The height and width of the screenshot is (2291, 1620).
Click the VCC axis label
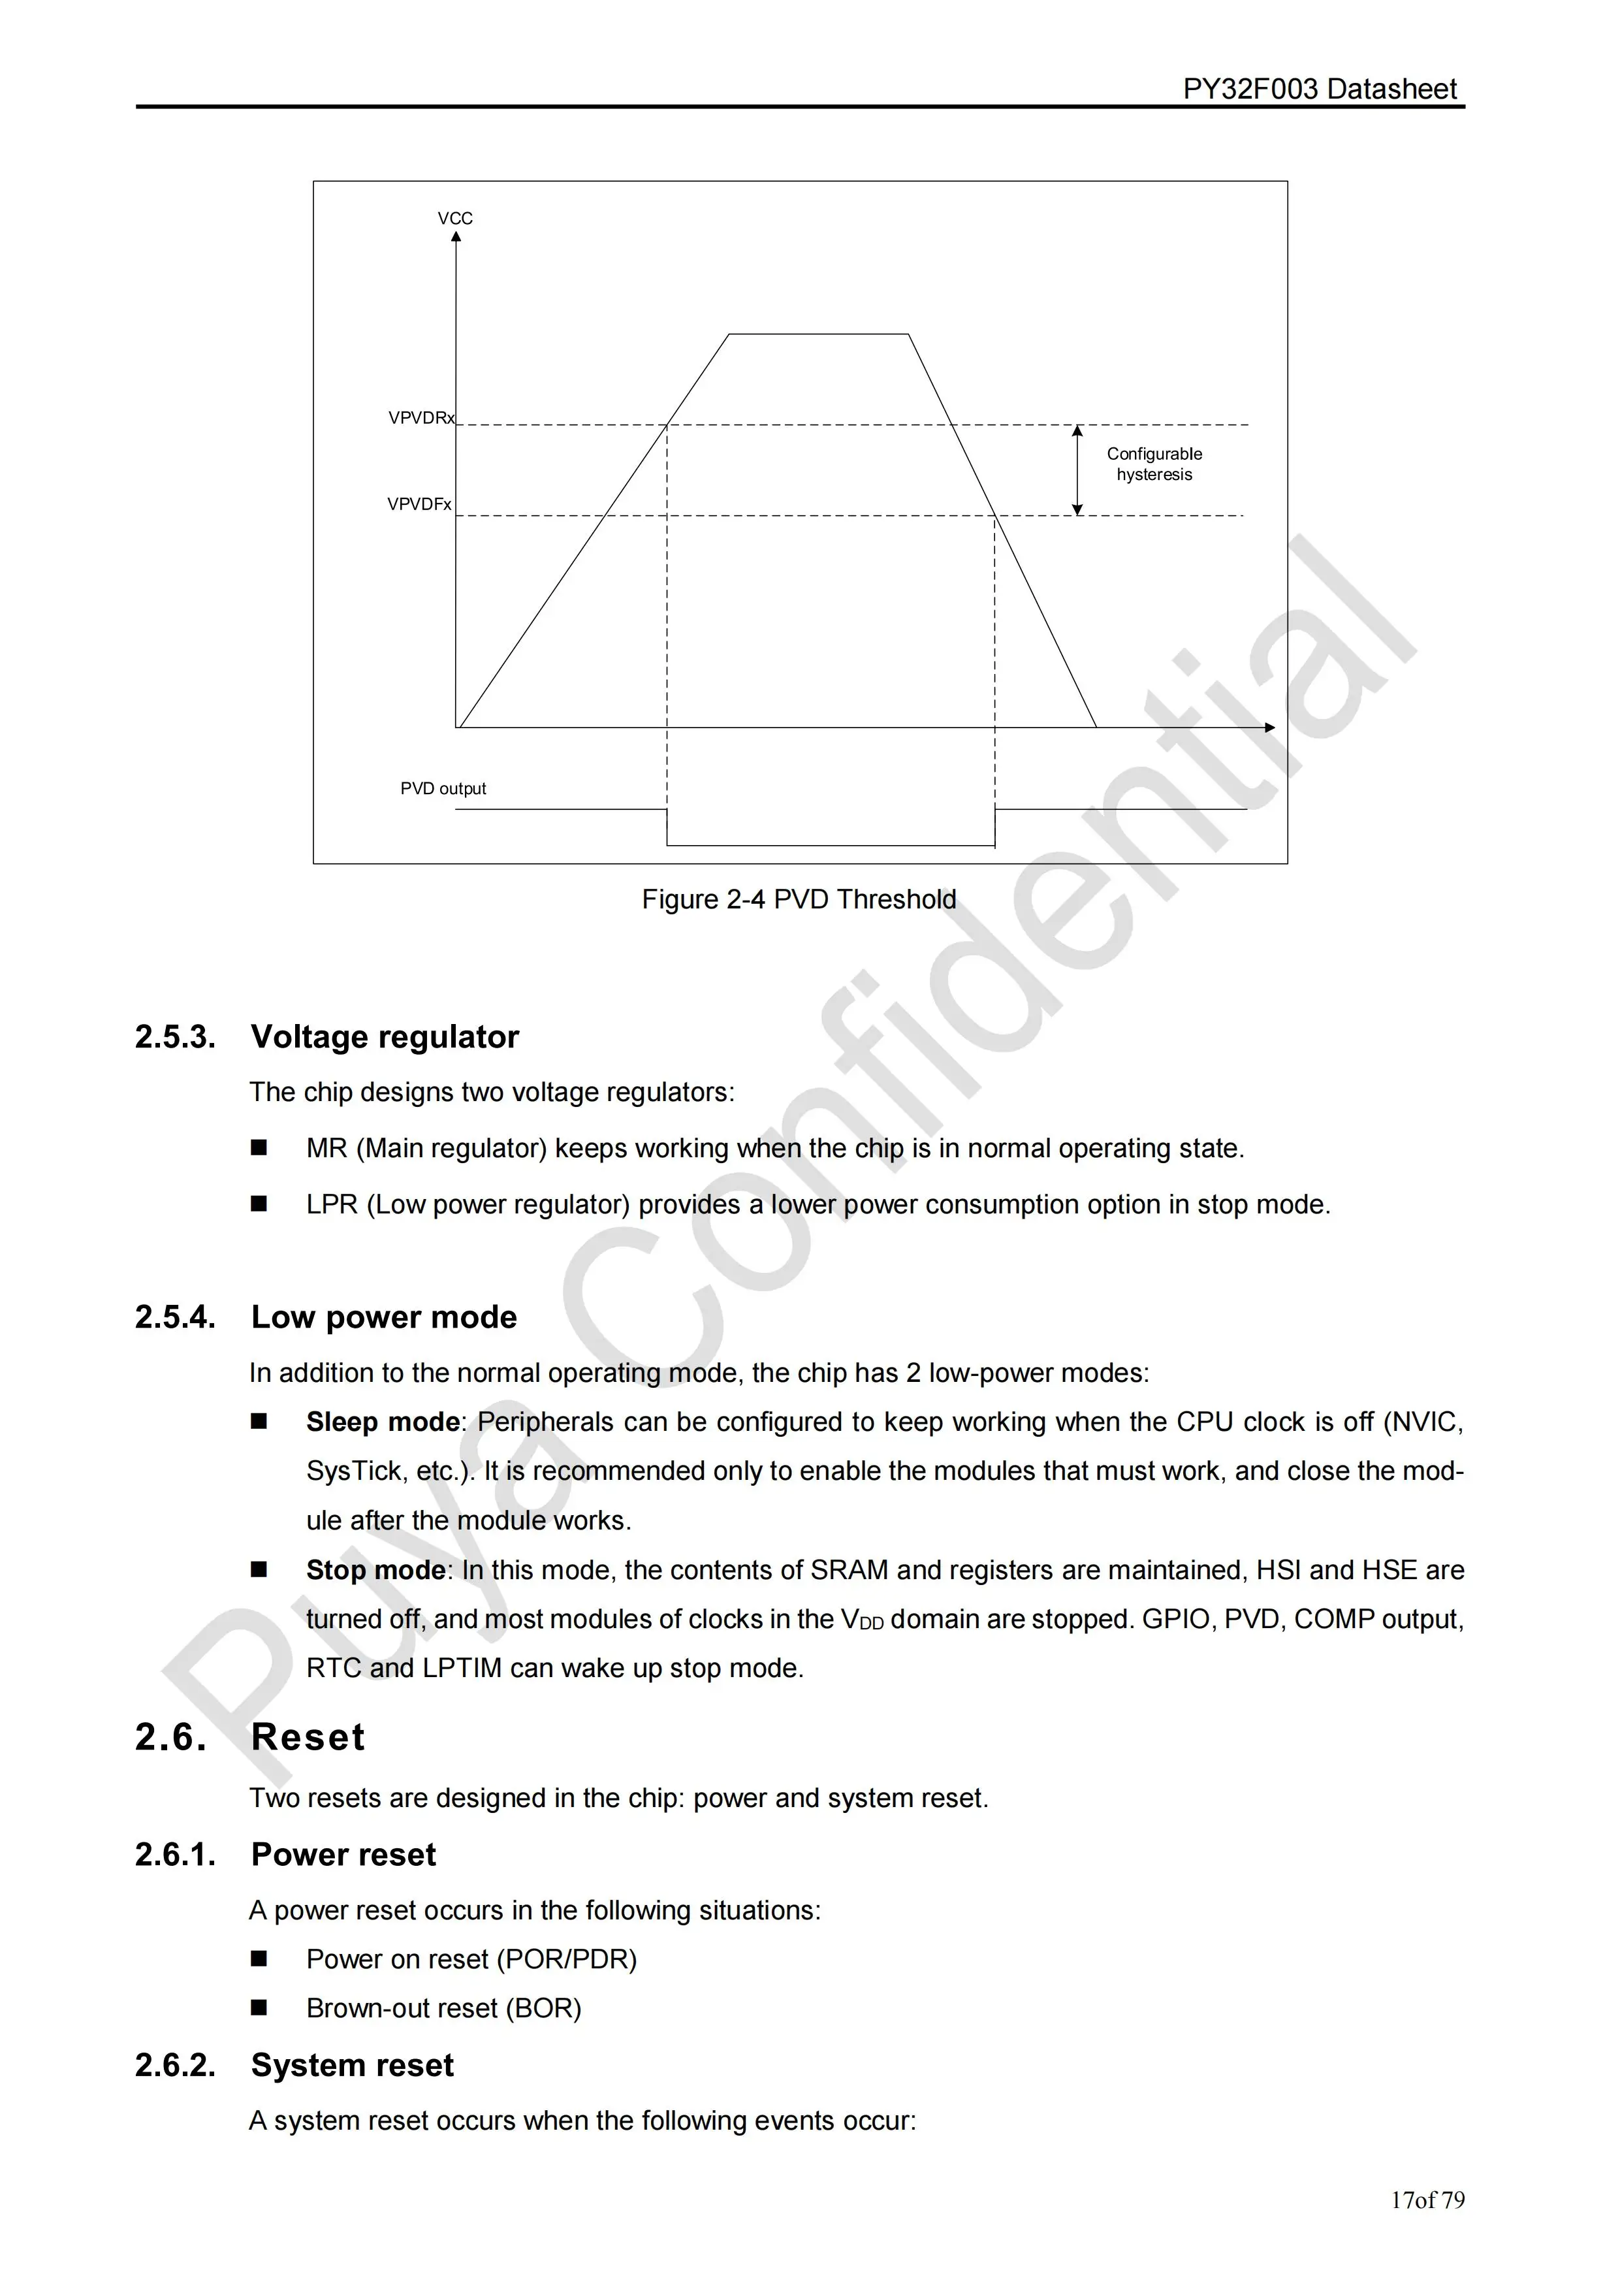point(455,219)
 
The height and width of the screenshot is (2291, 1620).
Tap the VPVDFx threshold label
point(419,505)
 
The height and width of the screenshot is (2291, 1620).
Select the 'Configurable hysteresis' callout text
point(1154,464)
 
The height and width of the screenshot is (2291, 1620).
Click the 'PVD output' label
point(443,788)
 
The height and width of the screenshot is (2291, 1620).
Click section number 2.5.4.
point(176,1317)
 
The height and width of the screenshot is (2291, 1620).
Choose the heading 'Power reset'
point(344,1854)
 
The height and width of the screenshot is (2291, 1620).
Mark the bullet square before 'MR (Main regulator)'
point(259,1149)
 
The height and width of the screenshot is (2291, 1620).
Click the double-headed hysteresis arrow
point(1077,470)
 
